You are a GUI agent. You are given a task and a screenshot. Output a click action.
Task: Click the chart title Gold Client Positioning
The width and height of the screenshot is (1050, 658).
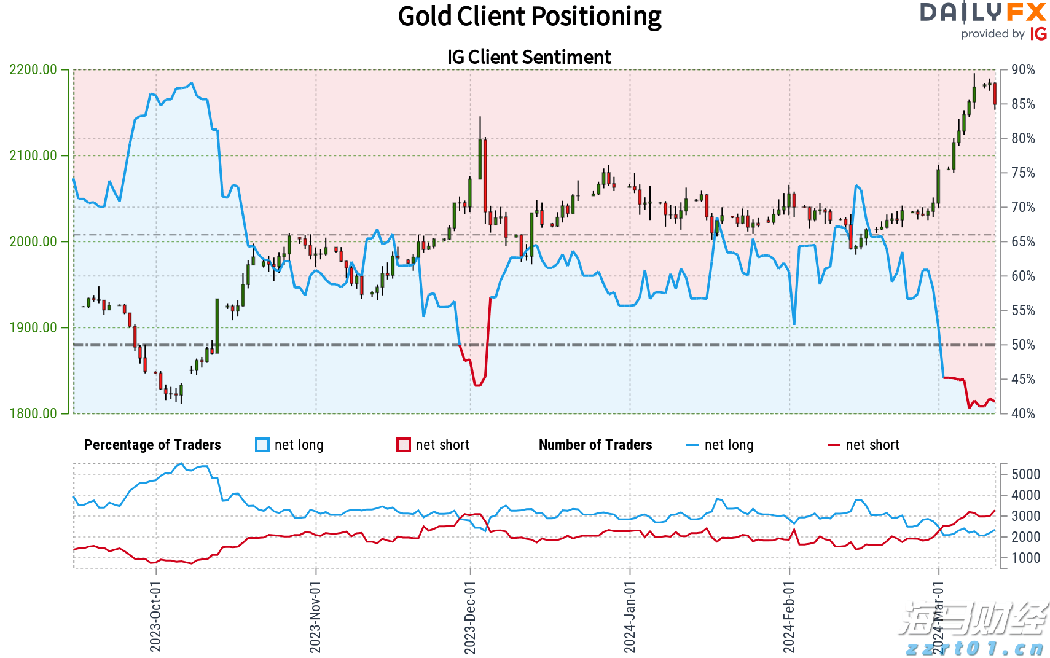(x=530, y=17)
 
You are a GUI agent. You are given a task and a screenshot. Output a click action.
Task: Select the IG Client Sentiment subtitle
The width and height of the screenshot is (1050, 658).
(x=529, y=57)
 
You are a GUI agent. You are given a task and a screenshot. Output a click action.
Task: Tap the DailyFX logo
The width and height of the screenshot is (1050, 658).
(x=982, y=12)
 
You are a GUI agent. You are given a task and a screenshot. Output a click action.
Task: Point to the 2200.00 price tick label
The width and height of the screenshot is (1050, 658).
(x=33, y=69)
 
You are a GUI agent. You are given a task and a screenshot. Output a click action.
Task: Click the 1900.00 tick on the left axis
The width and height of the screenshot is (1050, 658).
(x=33, y=327)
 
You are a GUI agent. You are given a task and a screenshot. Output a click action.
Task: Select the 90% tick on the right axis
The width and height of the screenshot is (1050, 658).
(x=1023, y=69)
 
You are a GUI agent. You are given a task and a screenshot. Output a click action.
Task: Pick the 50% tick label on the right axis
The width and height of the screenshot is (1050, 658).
(x=1023, y=345)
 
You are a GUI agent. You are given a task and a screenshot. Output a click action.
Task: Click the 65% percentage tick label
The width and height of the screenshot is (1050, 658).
(x=1023, y=241)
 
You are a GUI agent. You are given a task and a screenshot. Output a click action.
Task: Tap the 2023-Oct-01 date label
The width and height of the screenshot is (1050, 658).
(x=155, y=617)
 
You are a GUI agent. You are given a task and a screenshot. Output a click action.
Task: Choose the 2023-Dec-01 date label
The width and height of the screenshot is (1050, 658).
(x=470, y=617)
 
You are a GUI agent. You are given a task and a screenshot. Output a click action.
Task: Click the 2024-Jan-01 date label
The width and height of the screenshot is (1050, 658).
(x=630, y=617)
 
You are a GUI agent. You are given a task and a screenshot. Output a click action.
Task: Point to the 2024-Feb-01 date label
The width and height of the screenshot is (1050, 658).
(x=789, y=617)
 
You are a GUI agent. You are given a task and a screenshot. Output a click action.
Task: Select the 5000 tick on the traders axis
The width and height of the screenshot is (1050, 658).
(x=1026, y=474)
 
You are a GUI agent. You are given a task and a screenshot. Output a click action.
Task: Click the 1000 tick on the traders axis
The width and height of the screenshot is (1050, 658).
(x=1026, y=558)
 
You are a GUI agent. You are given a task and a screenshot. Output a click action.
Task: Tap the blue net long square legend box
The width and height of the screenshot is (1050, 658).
(x=262, y=445)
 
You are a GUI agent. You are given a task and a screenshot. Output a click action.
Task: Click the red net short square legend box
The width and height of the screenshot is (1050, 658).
(x=403, y=445)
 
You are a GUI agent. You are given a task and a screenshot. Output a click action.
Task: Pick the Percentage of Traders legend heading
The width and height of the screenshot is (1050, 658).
(x=152, y=445)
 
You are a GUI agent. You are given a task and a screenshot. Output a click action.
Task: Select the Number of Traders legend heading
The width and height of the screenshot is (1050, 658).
(x=595, y=445)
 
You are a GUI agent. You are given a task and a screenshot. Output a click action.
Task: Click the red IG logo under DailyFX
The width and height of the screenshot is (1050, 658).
(x=1038, y=34)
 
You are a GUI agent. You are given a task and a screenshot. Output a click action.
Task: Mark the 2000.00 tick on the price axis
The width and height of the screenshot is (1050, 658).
(x=33, y=241)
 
